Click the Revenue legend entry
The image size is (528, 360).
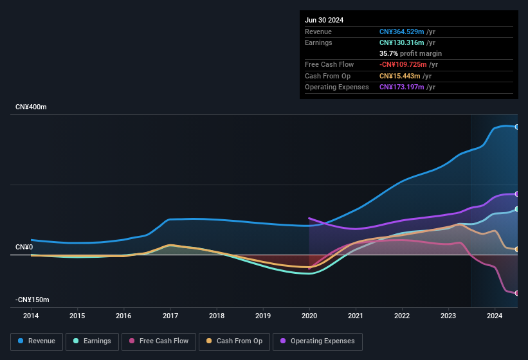click(37, 341)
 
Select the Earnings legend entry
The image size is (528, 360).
click(92, 341)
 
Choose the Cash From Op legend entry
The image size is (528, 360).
click(234, 341)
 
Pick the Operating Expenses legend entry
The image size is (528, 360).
click(318, 341)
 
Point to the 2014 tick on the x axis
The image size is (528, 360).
click(31, 316)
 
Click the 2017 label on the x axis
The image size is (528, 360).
click(170, 316)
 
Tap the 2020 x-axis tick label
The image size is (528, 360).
click(309, 316)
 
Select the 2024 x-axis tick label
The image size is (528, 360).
click(495, 316)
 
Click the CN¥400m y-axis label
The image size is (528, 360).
click(32, 107)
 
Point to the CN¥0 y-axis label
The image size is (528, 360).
click(24, 248)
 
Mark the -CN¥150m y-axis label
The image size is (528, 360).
click(33, 300)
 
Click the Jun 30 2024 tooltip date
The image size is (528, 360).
click(324, 20)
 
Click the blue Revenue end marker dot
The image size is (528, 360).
click(517, 127)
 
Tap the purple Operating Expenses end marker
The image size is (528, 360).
click(517, 194)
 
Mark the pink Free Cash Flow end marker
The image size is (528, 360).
click(517, 293)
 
